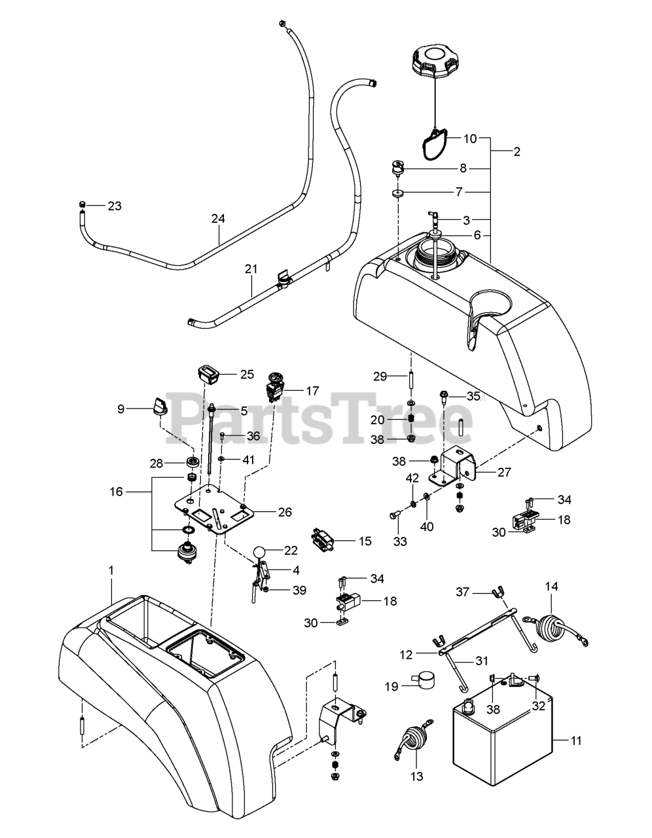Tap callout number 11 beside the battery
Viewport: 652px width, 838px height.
(576, 741)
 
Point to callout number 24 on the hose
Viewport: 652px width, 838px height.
(217, 219)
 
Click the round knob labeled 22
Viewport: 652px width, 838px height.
(260, 551)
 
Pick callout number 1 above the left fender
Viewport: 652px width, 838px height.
(111, 571)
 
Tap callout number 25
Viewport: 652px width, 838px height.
(247, 374)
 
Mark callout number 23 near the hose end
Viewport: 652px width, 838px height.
(115, 206)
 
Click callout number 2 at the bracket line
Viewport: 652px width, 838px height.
(516, 152)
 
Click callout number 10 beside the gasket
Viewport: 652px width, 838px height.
(471, 139)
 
